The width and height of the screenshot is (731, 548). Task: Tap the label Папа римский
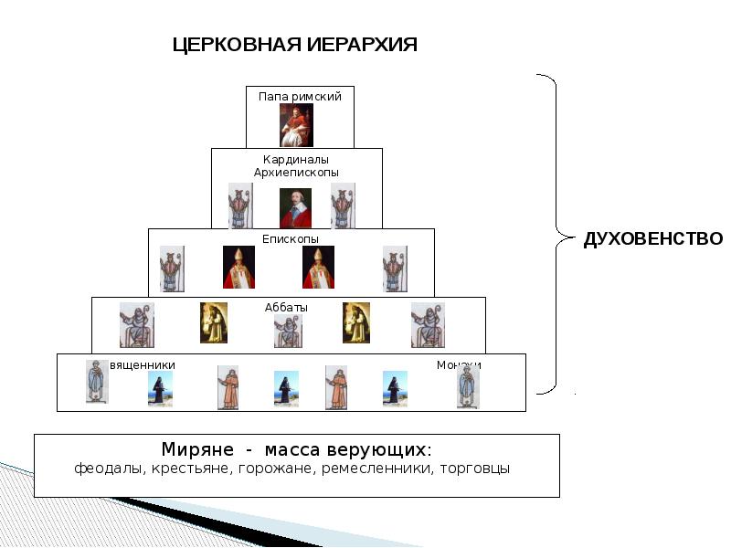pos(300,96)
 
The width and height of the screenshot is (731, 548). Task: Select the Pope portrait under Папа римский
pos(296,124)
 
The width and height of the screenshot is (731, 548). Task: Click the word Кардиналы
pos(296,160)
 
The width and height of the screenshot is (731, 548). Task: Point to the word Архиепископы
pos(296,173)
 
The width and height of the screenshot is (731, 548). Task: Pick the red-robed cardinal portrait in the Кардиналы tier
pos(295,207)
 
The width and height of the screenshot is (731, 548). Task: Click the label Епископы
pos(291,238)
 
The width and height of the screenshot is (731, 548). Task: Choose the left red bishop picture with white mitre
pos(238,267)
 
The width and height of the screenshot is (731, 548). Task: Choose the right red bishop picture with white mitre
pos(318,267)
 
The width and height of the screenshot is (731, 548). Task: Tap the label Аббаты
pos(288,308)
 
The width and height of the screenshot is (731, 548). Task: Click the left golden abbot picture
pos(213,322)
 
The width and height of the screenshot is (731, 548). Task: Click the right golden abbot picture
pos(355,322)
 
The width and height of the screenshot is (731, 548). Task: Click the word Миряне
pos(196,450)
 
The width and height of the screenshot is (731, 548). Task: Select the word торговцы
pos(474,469)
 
